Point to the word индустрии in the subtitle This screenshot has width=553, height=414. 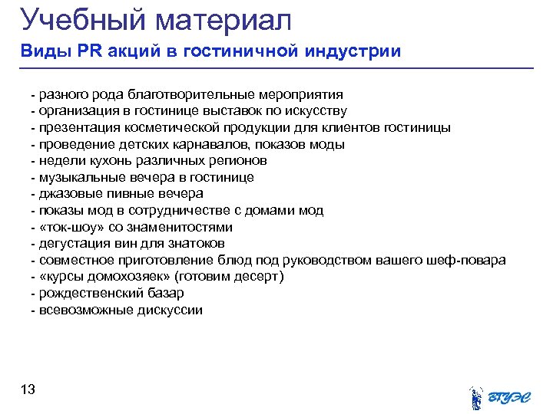[353, 52]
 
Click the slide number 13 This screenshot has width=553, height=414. [28, 390]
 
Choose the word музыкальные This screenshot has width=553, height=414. [78, 178]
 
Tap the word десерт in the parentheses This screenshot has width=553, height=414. [259, 277]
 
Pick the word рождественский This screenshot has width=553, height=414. [89, 294]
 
